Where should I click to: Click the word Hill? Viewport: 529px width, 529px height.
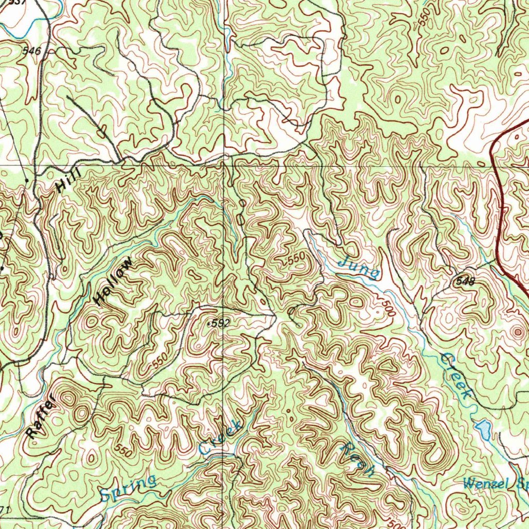(66, 182)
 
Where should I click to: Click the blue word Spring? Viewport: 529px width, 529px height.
(129, 488)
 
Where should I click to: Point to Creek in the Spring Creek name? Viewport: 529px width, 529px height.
(221, 438)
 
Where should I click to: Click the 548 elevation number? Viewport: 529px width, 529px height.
(465, 281)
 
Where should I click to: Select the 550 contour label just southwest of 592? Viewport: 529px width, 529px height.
(160, 361)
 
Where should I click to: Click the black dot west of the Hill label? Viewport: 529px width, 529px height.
(27, 180)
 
